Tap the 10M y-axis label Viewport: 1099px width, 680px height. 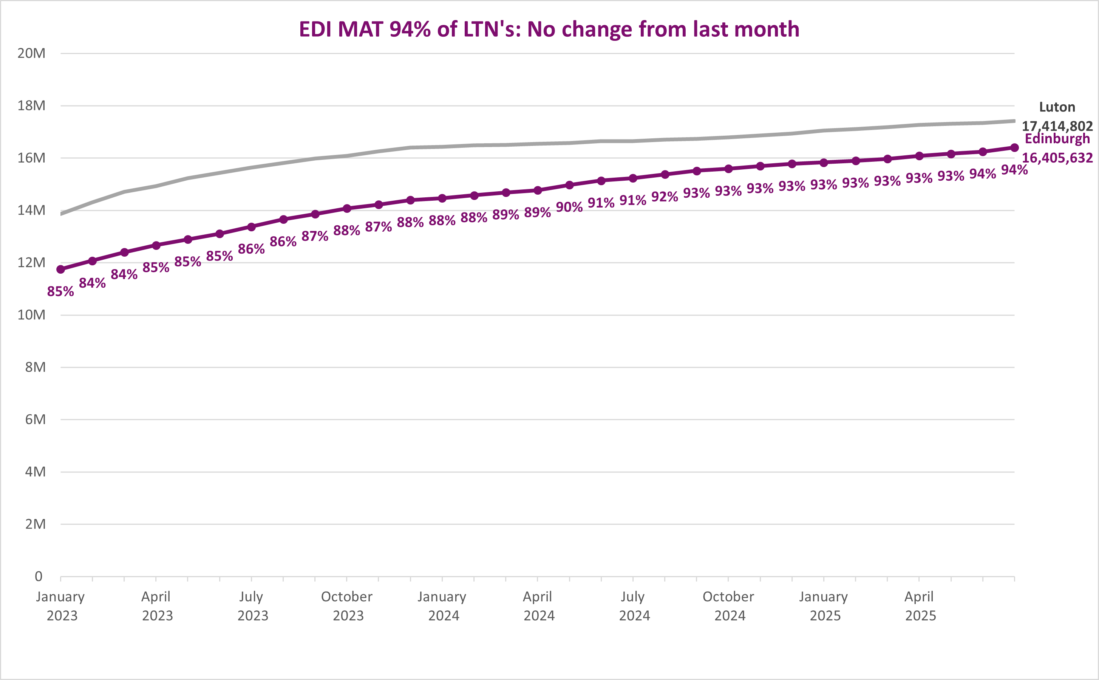pos(31,315)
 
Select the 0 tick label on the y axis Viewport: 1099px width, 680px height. pos(39,576)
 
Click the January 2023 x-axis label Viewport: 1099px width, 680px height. pos(61,606)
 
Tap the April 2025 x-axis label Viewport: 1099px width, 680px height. pos(919,606)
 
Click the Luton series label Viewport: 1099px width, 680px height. pos(1057,107)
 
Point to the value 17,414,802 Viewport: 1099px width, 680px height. pos(1057,126)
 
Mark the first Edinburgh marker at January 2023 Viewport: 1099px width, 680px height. pos(61,270)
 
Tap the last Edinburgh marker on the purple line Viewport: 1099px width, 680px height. pos(1014,147)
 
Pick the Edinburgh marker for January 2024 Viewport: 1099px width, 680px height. pos(442,198)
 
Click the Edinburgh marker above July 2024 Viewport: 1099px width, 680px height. pos(633,178)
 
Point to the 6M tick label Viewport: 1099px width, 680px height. pos(35,420)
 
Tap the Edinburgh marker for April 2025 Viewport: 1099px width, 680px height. pos(919,156)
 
